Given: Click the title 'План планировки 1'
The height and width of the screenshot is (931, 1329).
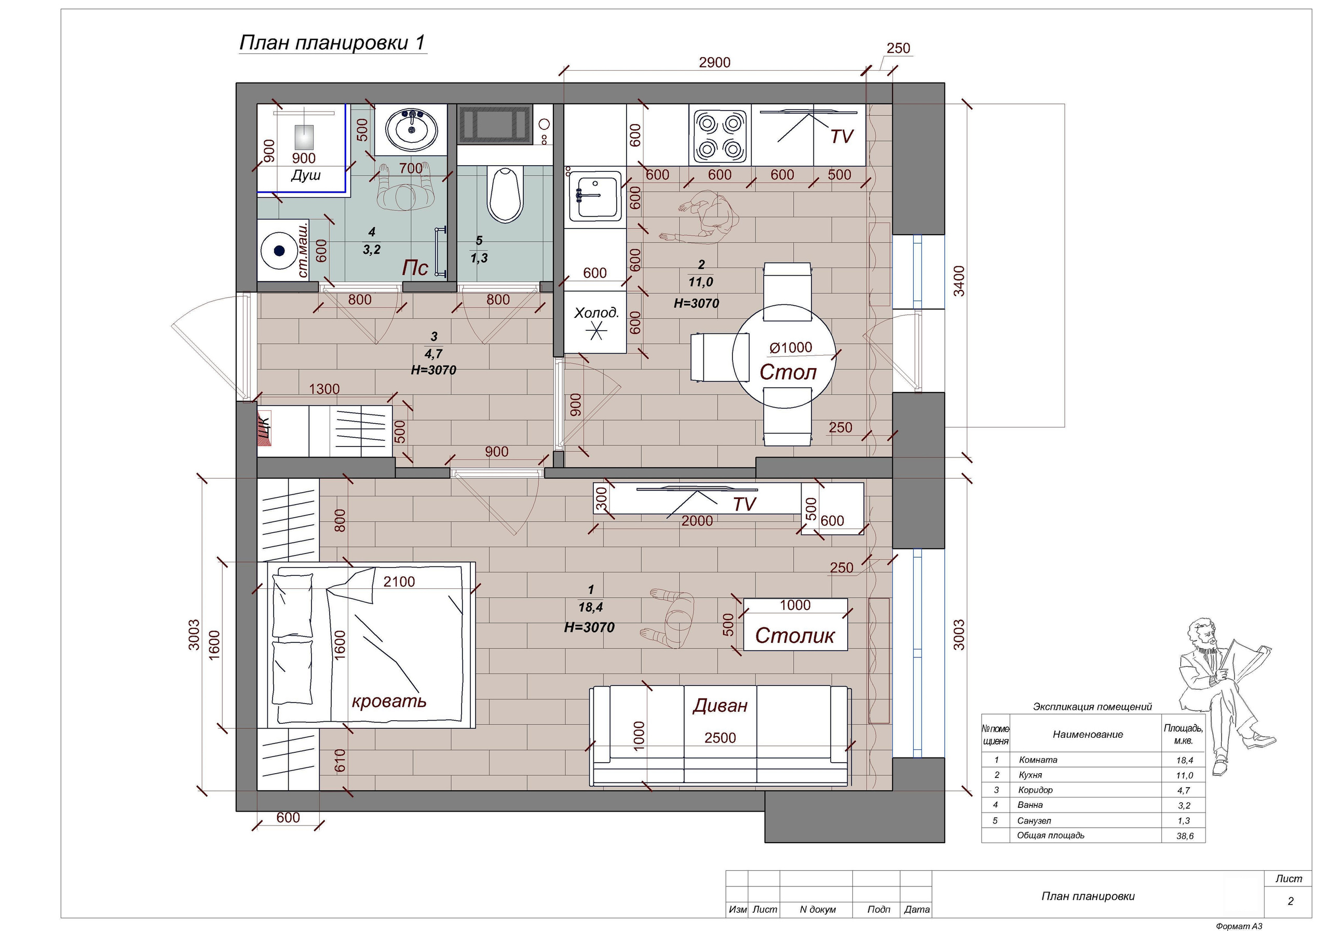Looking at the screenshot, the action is coord(333,43).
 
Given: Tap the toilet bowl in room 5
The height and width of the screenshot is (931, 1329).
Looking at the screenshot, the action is coord(506,195).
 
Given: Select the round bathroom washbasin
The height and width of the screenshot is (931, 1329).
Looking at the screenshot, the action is coord(412,130).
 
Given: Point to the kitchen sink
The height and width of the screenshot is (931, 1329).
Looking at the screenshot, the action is coord(595,196).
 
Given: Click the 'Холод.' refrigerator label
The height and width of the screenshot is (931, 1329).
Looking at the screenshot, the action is coord(596,313).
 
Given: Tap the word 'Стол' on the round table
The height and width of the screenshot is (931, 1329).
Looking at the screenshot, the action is coord(788,372).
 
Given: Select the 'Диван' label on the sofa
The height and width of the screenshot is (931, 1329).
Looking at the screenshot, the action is coord(720,705).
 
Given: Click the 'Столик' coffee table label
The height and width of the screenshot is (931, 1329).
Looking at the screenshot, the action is coord(795,636).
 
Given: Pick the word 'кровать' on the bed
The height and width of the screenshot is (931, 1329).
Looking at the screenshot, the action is coord(389,701).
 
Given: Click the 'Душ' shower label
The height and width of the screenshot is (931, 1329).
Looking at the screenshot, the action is coord(306,175).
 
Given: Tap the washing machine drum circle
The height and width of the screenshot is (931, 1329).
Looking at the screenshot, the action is coord(280,251).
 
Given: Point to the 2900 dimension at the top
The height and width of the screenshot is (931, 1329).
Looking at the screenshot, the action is coord(714,62).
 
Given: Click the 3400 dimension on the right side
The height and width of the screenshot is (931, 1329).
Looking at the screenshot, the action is coord(959,281).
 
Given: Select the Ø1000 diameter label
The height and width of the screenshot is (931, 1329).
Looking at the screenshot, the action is coord(791,347).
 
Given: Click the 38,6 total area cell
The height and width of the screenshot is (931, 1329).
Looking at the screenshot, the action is coord(1184,836).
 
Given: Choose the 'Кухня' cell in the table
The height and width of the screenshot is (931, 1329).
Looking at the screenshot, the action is coord(1030,775).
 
